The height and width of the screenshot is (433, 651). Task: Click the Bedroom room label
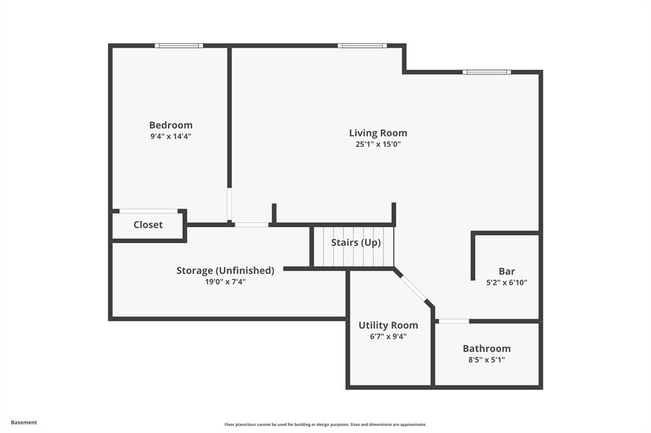coord(170,125)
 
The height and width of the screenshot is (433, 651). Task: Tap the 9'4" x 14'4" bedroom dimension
coord(170,136)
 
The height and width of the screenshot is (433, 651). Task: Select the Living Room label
coord(378,133)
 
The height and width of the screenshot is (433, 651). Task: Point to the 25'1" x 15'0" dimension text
coord(378,144)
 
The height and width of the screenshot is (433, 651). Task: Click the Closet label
coord(147,225)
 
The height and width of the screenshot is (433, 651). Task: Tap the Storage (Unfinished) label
coord(225,270)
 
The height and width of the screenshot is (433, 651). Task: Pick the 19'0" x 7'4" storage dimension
coord(225,281)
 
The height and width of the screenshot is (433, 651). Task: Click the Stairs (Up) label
coord(355,243)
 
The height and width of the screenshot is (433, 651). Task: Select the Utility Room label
coord(388,325)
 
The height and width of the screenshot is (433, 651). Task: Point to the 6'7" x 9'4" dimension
coord(388,336)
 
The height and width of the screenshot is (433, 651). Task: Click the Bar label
coord(507,271)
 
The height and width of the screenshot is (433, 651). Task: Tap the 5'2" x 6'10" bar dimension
coord(507,283)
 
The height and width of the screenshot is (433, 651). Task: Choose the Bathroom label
coord(486,349)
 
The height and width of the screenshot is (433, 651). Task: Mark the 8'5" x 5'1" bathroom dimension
coord(486,359)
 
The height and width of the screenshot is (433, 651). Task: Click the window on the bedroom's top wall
coord(179,46)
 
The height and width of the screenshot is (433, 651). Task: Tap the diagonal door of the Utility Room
coord(415,288)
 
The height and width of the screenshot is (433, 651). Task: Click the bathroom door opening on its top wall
coord(454,321)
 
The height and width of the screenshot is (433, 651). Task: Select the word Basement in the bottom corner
coord(24,422)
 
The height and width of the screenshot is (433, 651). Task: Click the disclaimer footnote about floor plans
coord(325,424)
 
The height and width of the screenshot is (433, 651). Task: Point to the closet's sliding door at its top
coord(148,211)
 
